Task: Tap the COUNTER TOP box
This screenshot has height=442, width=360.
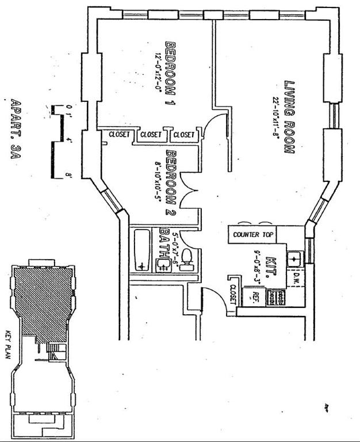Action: point(254,235)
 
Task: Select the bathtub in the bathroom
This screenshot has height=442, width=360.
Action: point(141,250)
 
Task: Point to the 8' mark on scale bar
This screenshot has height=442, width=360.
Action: point(67,175)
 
